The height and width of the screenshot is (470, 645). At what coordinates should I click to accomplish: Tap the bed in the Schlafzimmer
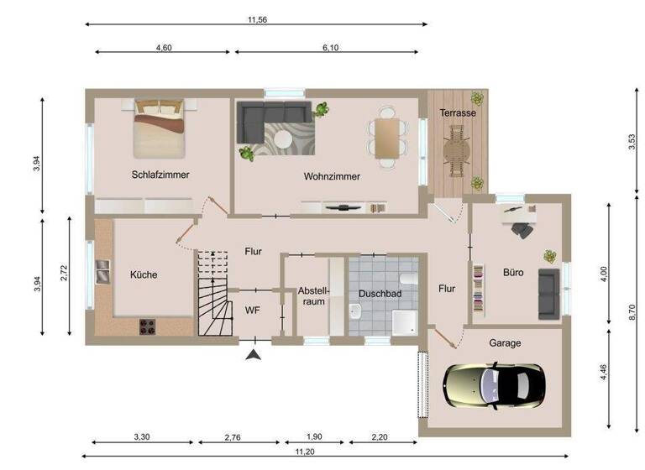click(160, 128)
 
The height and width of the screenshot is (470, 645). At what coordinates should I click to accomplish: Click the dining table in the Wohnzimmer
click(387, 136)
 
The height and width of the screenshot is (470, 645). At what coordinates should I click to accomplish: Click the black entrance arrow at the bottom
click(253, 356)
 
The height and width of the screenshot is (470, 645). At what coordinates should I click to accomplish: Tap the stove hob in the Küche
click(144, 326)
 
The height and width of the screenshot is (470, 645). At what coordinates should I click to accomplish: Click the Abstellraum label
click(314, 296)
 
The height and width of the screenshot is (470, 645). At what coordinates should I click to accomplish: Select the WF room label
click(252, 310)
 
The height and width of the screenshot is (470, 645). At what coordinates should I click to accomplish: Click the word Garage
click(505, 342)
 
